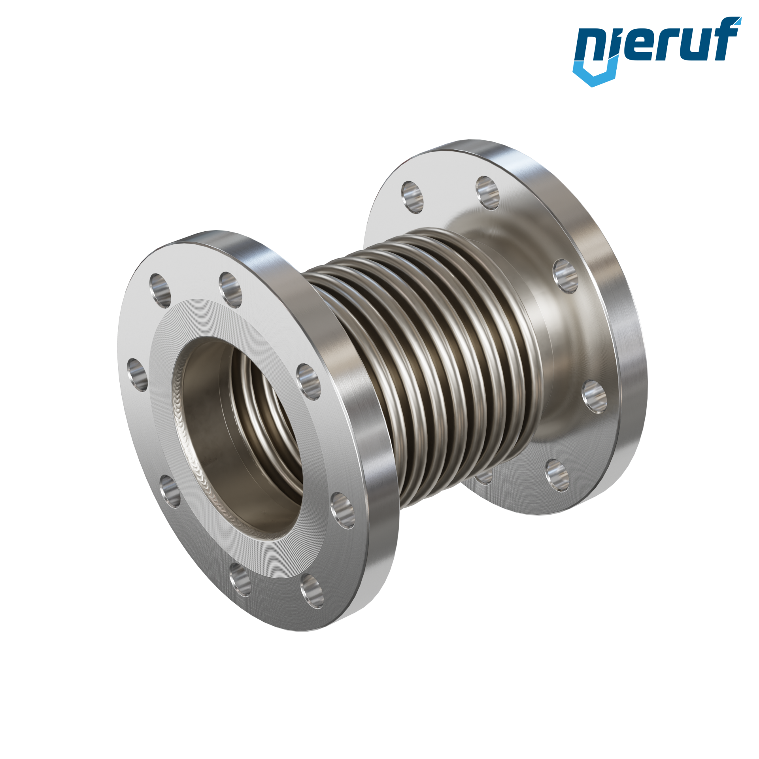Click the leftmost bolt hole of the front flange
tap(137, 374)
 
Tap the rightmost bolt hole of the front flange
tap(342, 510)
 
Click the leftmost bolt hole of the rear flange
tap(412, 198)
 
